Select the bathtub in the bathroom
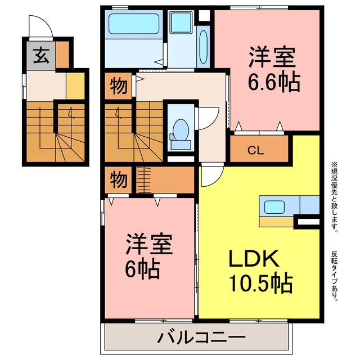pyautogui.click(x=134, y=24)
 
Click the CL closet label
pyautogui.click(x=255, y=150)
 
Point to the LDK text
pyautogui.click(x=254, y=258)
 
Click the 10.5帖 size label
pyautogui.click(x=261, y=283)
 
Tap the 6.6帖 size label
pyautogui.click(x=274, y=82)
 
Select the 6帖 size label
pyautogui.click(x=142, y=269)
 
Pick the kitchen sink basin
pyautogui.click(x=274, y=207)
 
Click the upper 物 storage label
pyautogui.click(x=119, y=86)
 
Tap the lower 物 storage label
pyautogui.click(x=119, y=180)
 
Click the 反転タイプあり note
pyautogui.click(x=335, y=276)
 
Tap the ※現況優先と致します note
pyautogui.click(x=335, y=197)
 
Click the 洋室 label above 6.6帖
pyautogui.click(x=272, y=57)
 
